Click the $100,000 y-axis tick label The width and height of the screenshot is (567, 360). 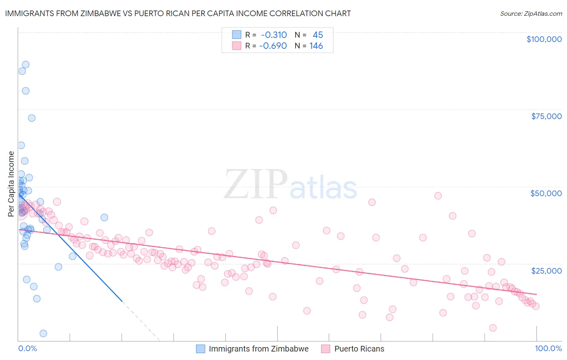[544, 39]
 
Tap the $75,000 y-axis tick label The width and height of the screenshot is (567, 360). [546, 116]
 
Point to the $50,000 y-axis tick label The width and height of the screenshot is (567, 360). [546, 193]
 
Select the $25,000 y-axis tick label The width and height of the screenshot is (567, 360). [546, 270]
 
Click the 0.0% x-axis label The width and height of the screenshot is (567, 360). [27, 348]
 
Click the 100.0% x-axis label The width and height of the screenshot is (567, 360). [548, 348]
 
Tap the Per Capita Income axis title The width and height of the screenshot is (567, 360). [11, 184]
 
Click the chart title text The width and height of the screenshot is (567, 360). [178, 13]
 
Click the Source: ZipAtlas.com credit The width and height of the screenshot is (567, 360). [531, 13]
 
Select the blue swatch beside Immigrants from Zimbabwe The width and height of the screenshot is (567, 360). [200, 349]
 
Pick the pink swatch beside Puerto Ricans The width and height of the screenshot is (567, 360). [326, 349]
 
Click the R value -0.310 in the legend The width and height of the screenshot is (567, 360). [274, 35]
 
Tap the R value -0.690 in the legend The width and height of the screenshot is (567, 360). [273, 46]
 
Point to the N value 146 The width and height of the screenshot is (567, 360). [316, 46]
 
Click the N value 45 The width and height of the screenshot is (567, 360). [318, 35]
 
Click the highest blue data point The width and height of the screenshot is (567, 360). [25, 65]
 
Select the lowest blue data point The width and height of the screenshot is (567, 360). [43, 333]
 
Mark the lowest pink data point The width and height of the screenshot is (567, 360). [493, 328]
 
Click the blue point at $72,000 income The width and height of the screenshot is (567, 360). [31, 118]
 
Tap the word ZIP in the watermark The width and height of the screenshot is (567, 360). [256, 184]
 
